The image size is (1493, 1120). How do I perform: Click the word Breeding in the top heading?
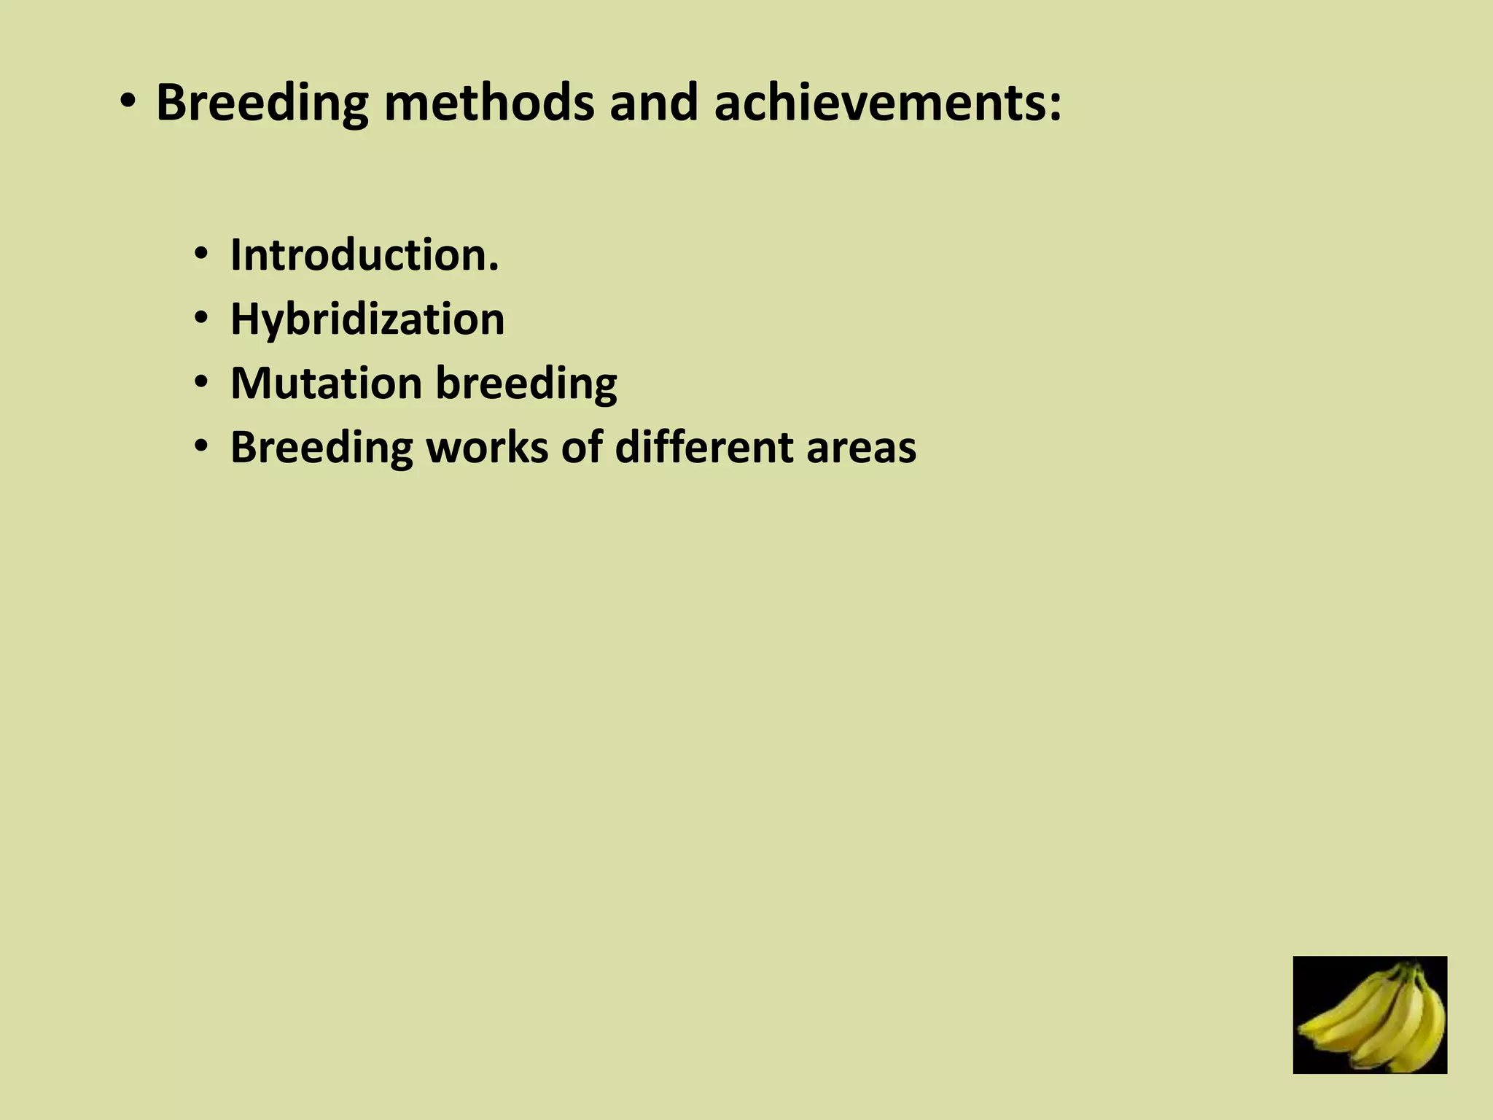tap(262, 104)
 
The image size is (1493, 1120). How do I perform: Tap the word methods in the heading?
tap(488, 104)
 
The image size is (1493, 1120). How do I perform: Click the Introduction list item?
tap(365, 255)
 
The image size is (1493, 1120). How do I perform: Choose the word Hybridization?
tap(367, 319)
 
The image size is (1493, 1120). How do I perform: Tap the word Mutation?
tap(326, 383)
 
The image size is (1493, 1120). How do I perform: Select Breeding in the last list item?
tap(321, 448)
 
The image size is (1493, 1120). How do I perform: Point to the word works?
tap(487, 447)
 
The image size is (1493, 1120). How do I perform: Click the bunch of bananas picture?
tap(1370, 1014)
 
